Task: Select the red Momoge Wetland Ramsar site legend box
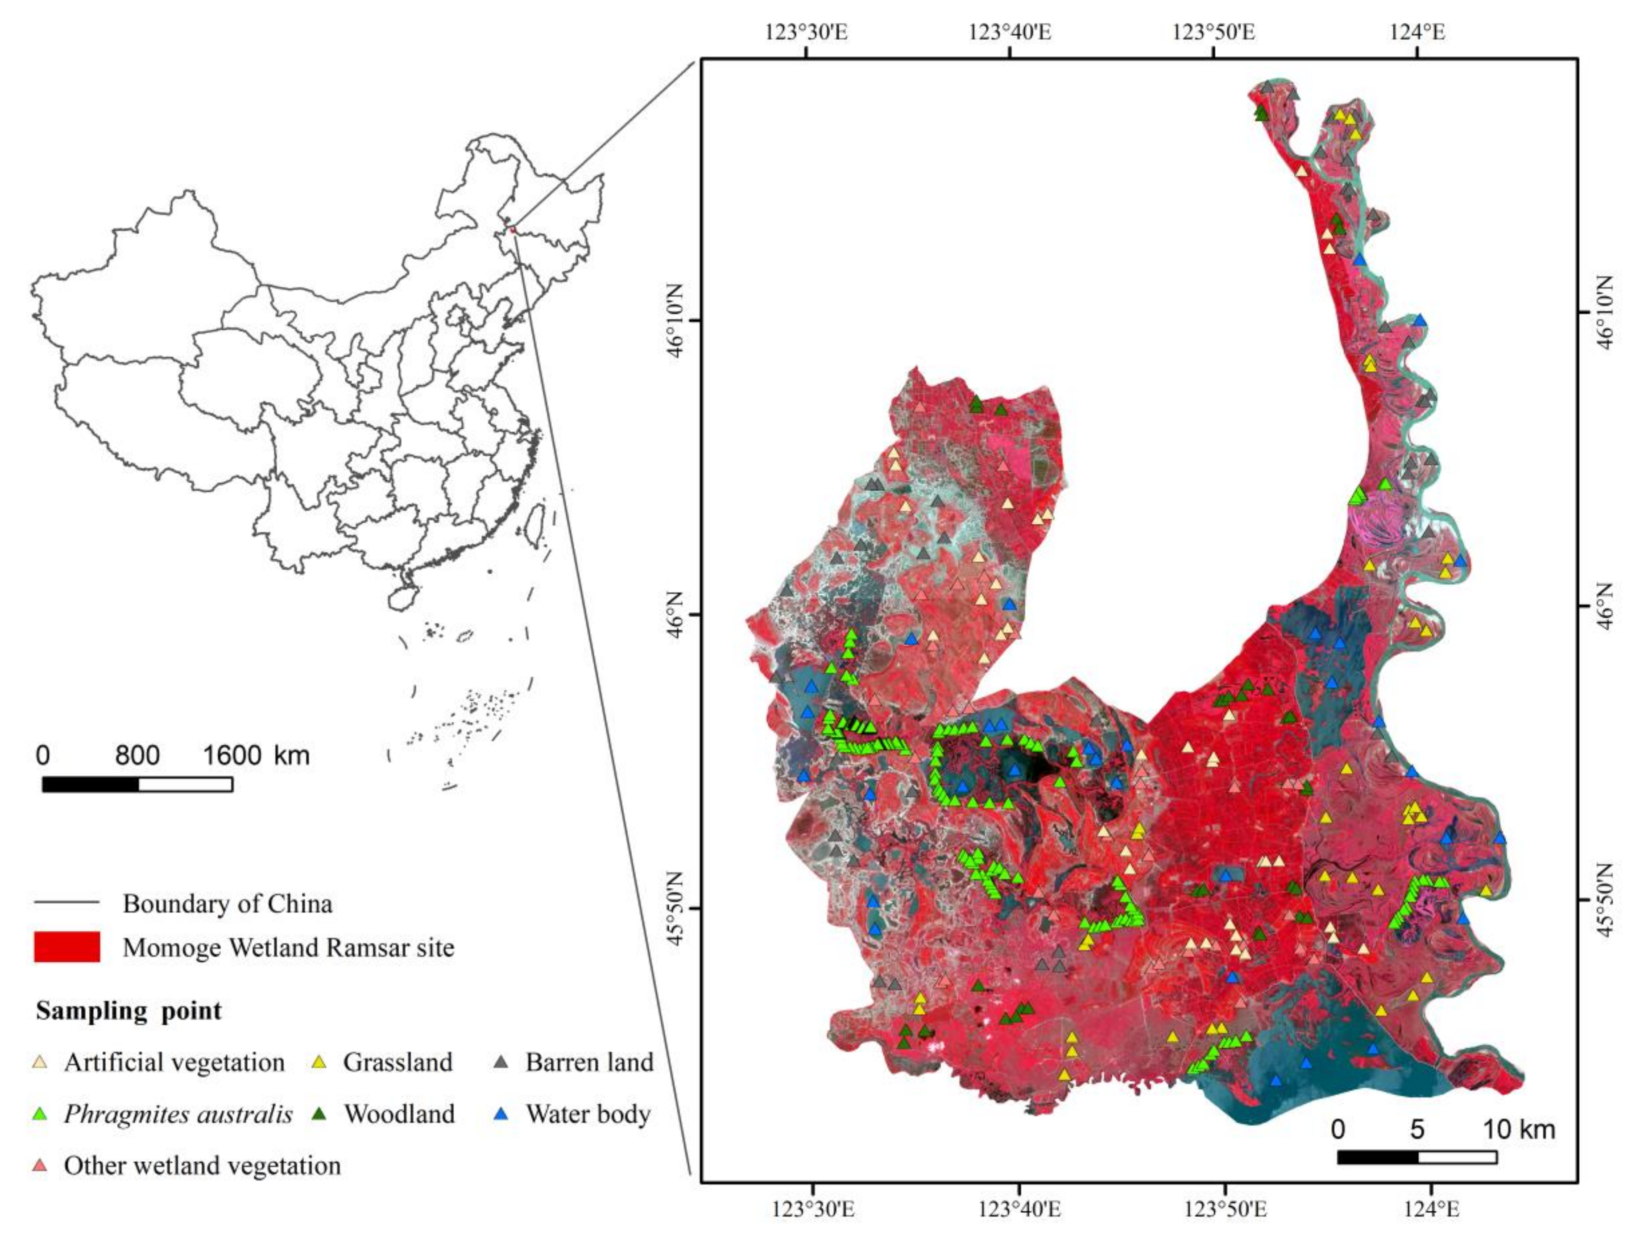67,947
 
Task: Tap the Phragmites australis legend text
178,1114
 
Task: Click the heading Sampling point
128,1010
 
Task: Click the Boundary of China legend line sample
67,903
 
